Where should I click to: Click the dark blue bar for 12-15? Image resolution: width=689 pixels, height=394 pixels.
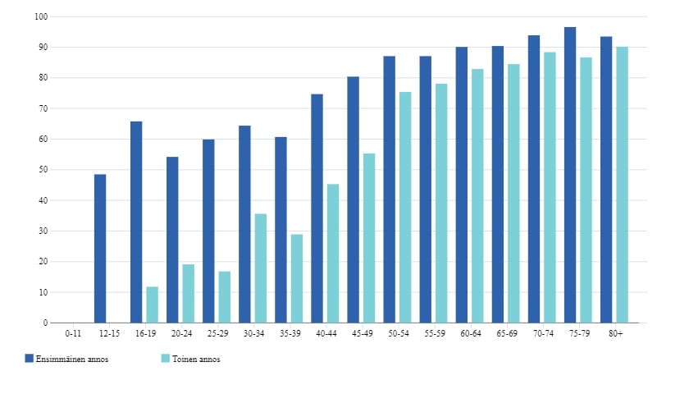tap(100, 249)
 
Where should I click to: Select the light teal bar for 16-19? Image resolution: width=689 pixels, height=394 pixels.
tap(152, 305)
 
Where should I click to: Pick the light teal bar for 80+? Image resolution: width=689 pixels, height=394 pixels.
tap(622, 185)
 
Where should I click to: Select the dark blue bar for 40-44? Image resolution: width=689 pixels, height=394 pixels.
tap(317, 208)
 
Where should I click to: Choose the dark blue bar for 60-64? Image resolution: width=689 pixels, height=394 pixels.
tap(462, 185)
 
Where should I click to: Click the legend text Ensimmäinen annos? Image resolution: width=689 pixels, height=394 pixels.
tap(72, 359)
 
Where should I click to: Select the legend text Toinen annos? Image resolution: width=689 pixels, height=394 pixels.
tap(197, 359)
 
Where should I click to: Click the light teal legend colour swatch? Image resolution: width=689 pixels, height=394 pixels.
tap(165, 359)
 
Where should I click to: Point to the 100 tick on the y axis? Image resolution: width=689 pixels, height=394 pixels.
tap(42, 16)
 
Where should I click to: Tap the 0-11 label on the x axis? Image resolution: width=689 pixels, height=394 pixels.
tap(73, 333)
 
